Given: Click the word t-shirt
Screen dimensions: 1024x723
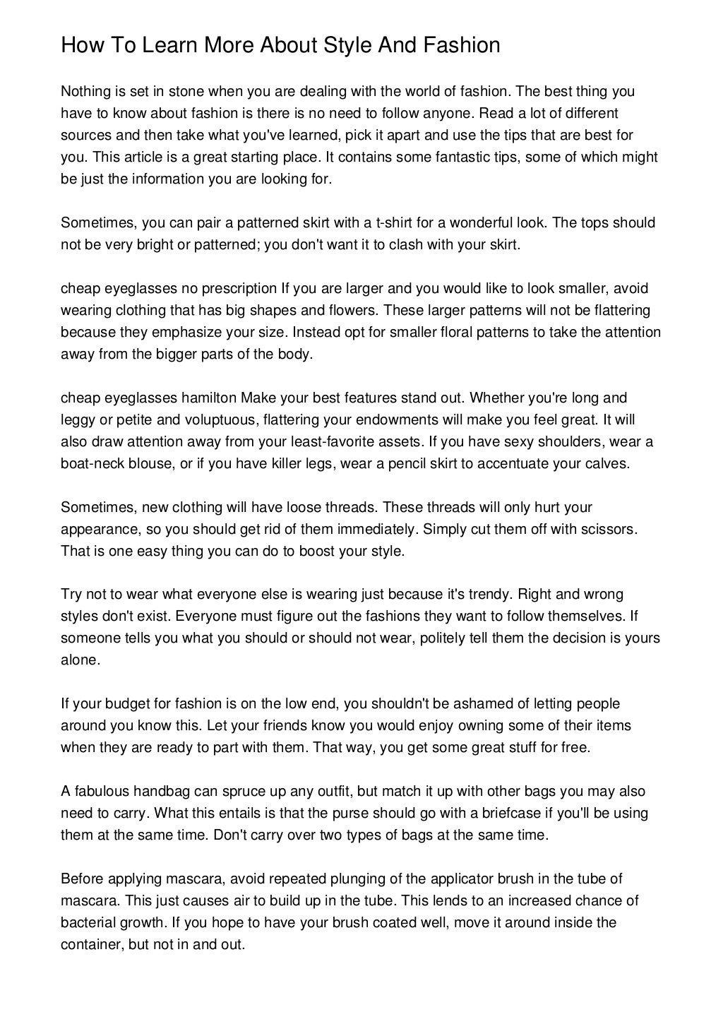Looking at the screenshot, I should point(403,223).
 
